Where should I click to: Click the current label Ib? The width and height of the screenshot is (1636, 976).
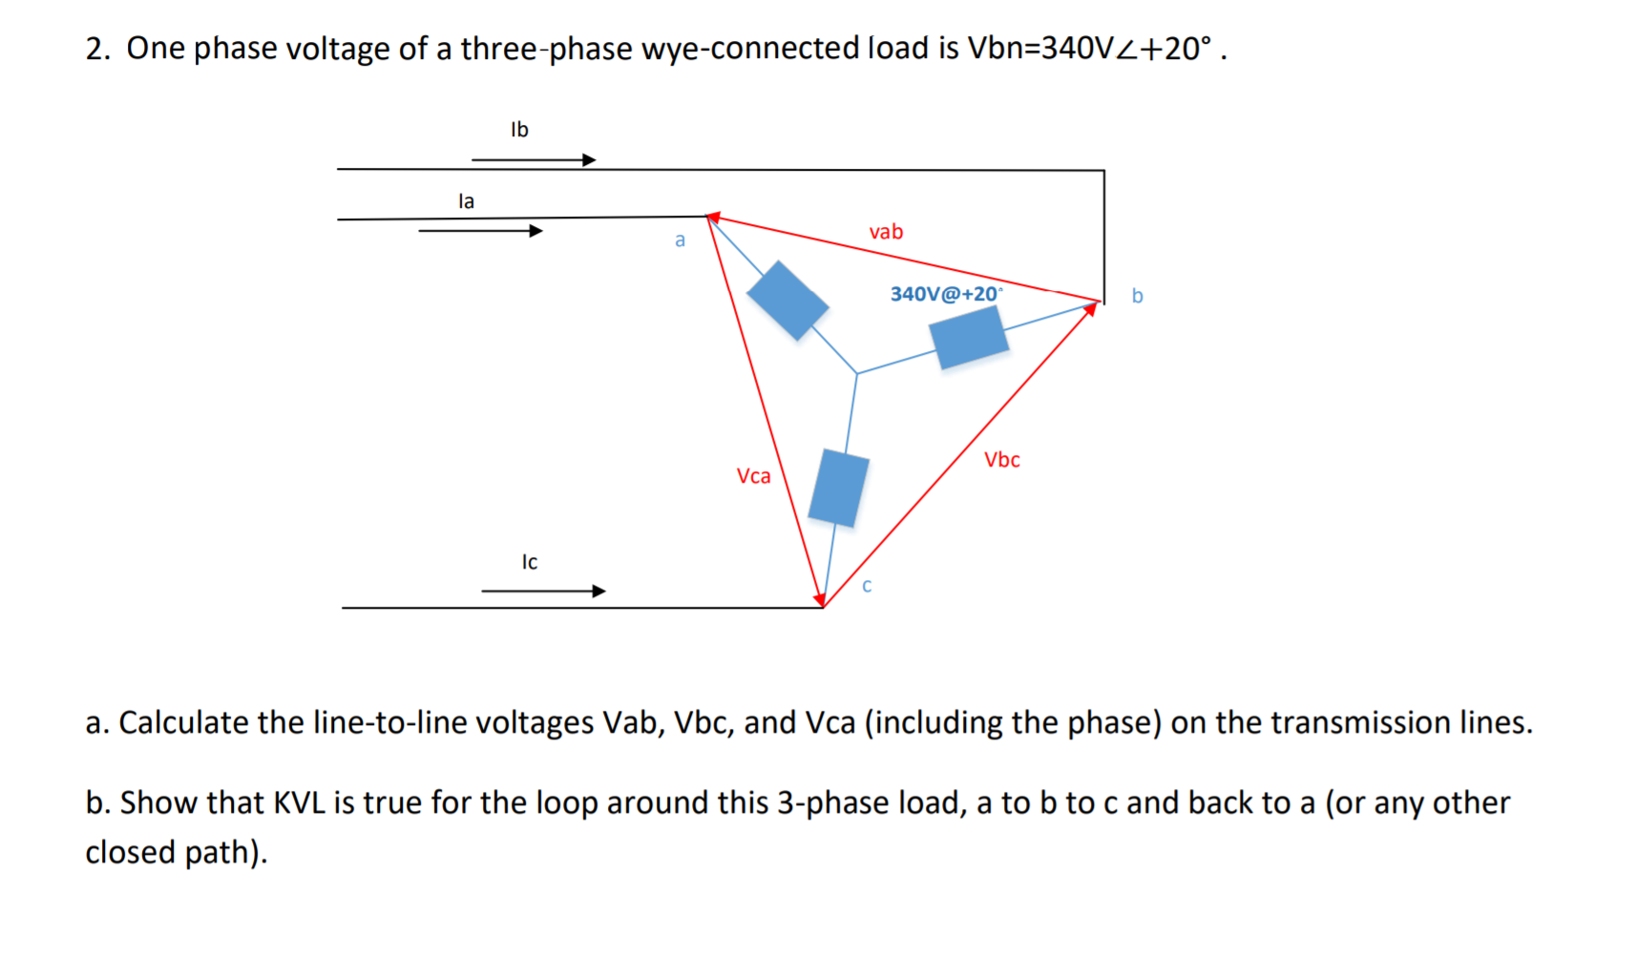point(519,129)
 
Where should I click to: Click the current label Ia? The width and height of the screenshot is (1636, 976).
point(466,201)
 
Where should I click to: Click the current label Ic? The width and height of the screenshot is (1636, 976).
point(530,562)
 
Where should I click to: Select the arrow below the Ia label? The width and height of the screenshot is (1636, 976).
point(480,230)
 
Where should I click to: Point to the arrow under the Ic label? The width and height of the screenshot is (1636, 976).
point(543,591)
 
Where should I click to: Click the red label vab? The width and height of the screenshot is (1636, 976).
point(886,232)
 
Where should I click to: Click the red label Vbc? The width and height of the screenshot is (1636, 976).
point(1002,460)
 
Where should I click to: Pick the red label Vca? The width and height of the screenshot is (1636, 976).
point(753,476)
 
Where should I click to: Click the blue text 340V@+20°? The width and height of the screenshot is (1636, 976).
point(946,294)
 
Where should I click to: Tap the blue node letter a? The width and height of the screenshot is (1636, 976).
point(680,240)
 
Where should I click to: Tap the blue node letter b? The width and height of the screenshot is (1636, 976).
point(1137,296)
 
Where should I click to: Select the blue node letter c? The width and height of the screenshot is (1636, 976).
point(867,586)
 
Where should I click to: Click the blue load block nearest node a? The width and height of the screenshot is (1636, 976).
point(787,301)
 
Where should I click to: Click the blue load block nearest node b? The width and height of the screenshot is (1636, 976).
point(969,337)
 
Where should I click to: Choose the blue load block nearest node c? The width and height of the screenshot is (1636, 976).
point(838,488)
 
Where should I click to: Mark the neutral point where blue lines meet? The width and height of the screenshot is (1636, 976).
point(857,373)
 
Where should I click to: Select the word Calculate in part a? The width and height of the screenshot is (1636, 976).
point(184,722)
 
